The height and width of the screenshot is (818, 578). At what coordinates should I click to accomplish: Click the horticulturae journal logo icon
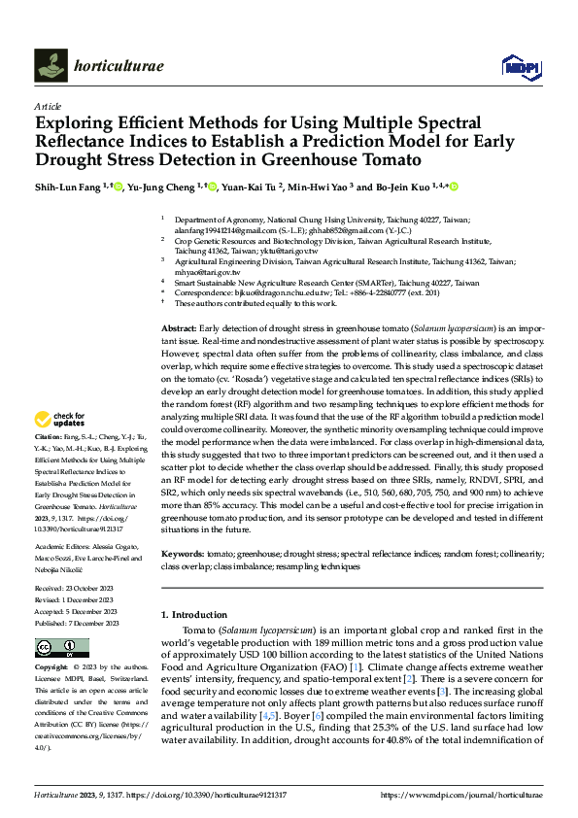pyautogui.click(x=51, y=65)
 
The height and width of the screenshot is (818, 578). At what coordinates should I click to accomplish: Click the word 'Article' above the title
pyautogui.click(x=47, y=105)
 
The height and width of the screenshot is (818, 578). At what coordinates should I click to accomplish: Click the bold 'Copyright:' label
pyautogui.click(x=54, y=668)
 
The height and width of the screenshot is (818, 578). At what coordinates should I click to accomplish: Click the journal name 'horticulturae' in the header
pyautogui.click(x=119, y=66)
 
